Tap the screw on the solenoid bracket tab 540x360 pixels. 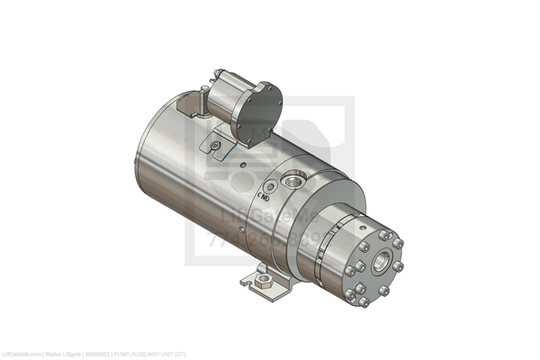coord(214,147)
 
